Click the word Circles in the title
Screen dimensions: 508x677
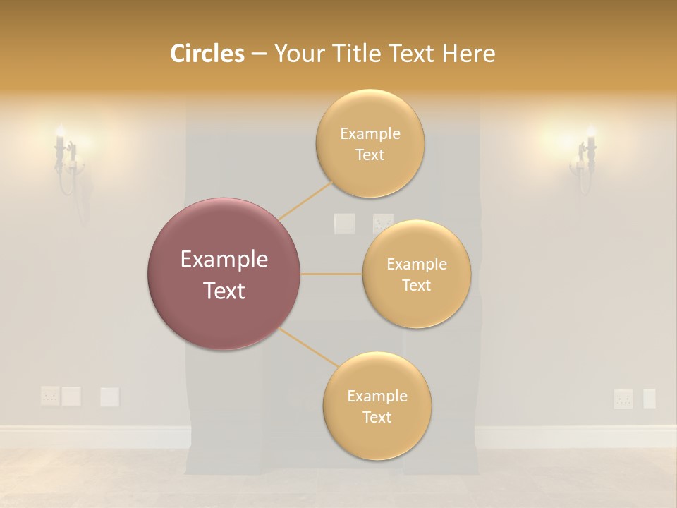coord(207,54)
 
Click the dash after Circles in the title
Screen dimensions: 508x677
coord(258,54)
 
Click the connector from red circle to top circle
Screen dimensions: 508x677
coord(306,200)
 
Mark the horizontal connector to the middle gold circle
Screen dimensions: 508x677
coord(331,274)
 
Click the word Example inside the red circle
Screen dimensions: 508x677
coord(224,260)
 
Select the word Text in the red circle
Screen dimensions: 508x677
coord(224,291)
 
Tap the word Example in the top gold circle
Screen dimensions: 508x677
coord(370,134)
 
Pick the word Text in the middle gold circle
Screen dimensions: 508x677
coord(416,285)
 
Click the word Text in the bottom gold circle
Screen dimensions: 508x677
coord(377,417)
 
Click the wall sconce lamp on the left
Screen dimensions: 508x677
coord(66,159)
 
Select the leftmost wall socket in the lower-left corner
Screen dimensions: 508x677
coord(49,396)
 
